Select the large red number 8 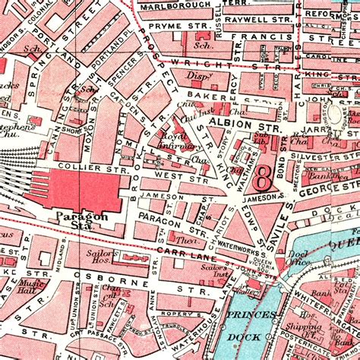point(264,179)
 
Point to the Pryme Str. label point(175,28)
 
